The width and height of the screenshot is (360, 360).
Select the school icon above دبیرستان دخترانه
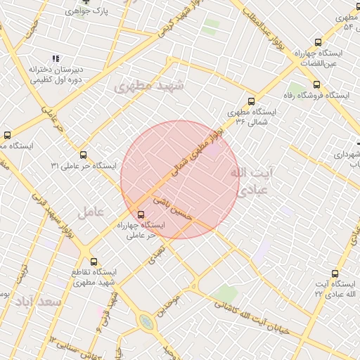55,59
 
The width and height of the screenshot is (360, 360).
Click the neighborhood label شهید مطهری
148,87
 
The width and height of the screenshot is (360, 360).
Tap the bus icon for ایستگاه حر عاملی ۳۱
83,155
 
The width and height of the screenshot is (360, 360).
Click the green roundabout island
146,321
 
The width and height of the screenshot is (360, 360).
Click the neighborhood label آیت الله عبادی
252,181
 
